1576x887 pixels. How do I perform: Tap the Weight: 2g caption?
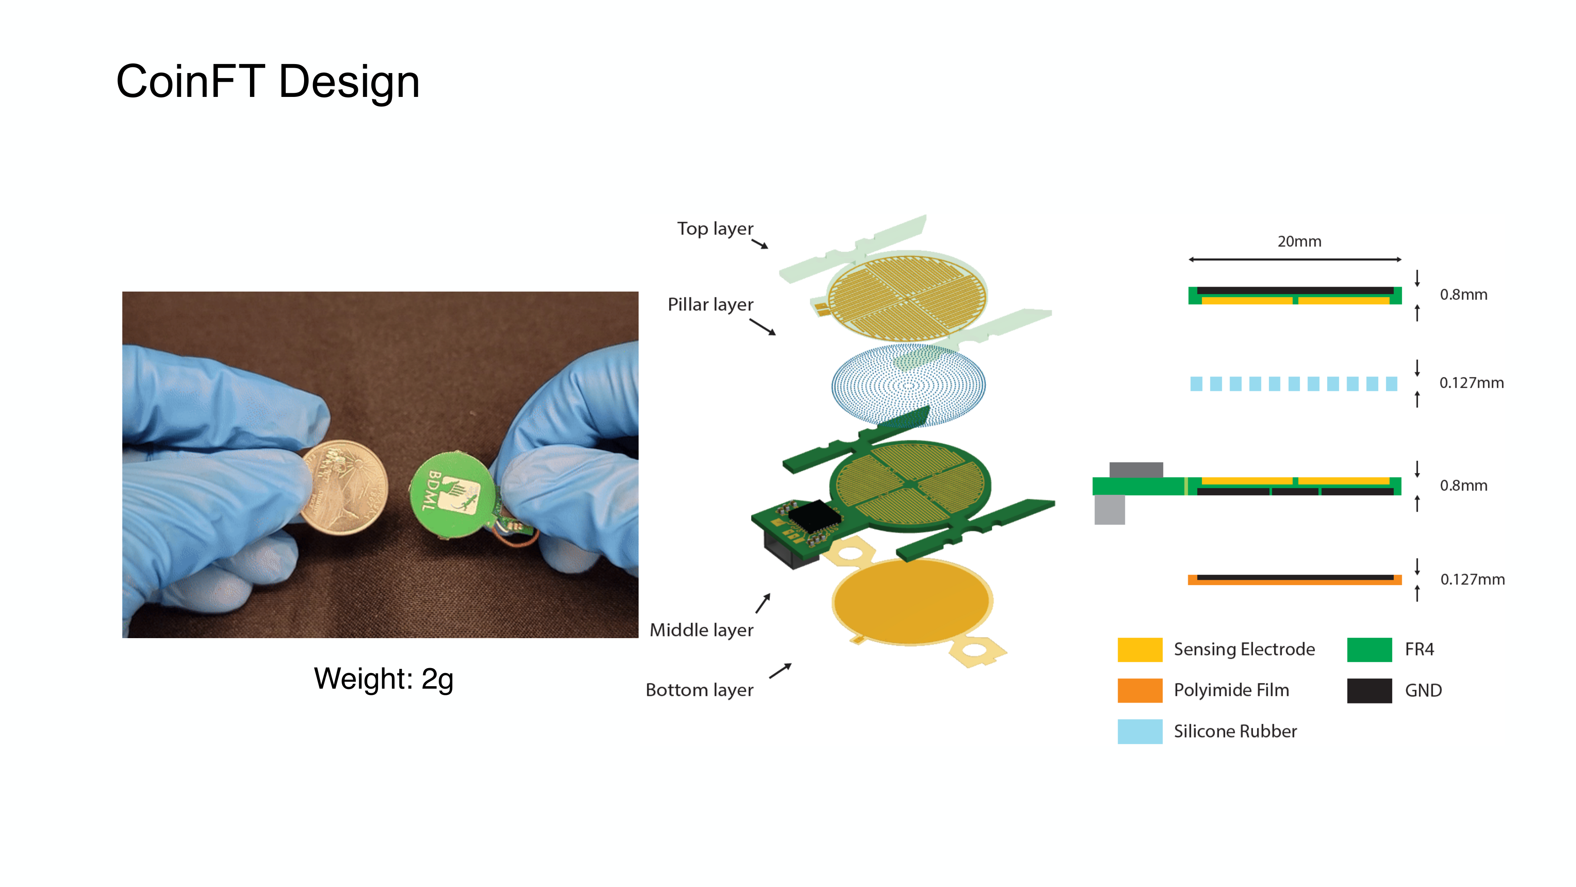384,679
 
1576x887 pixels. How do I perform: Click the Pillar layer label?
710,305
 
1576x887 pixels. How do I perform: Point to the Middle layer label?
701,630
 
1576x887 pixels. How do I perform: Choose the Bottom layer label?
699,690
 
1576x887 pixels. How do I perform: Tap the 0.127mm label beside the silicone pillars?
1471,383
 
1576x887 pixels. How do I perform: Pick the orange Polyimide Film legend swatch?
1140,690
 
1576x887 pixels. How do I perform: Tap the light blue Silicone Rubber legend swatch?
1140,731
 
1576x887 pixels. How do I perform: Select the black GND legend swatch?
1369,690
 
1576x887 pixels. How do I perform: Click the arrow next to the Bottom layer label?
780,671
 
